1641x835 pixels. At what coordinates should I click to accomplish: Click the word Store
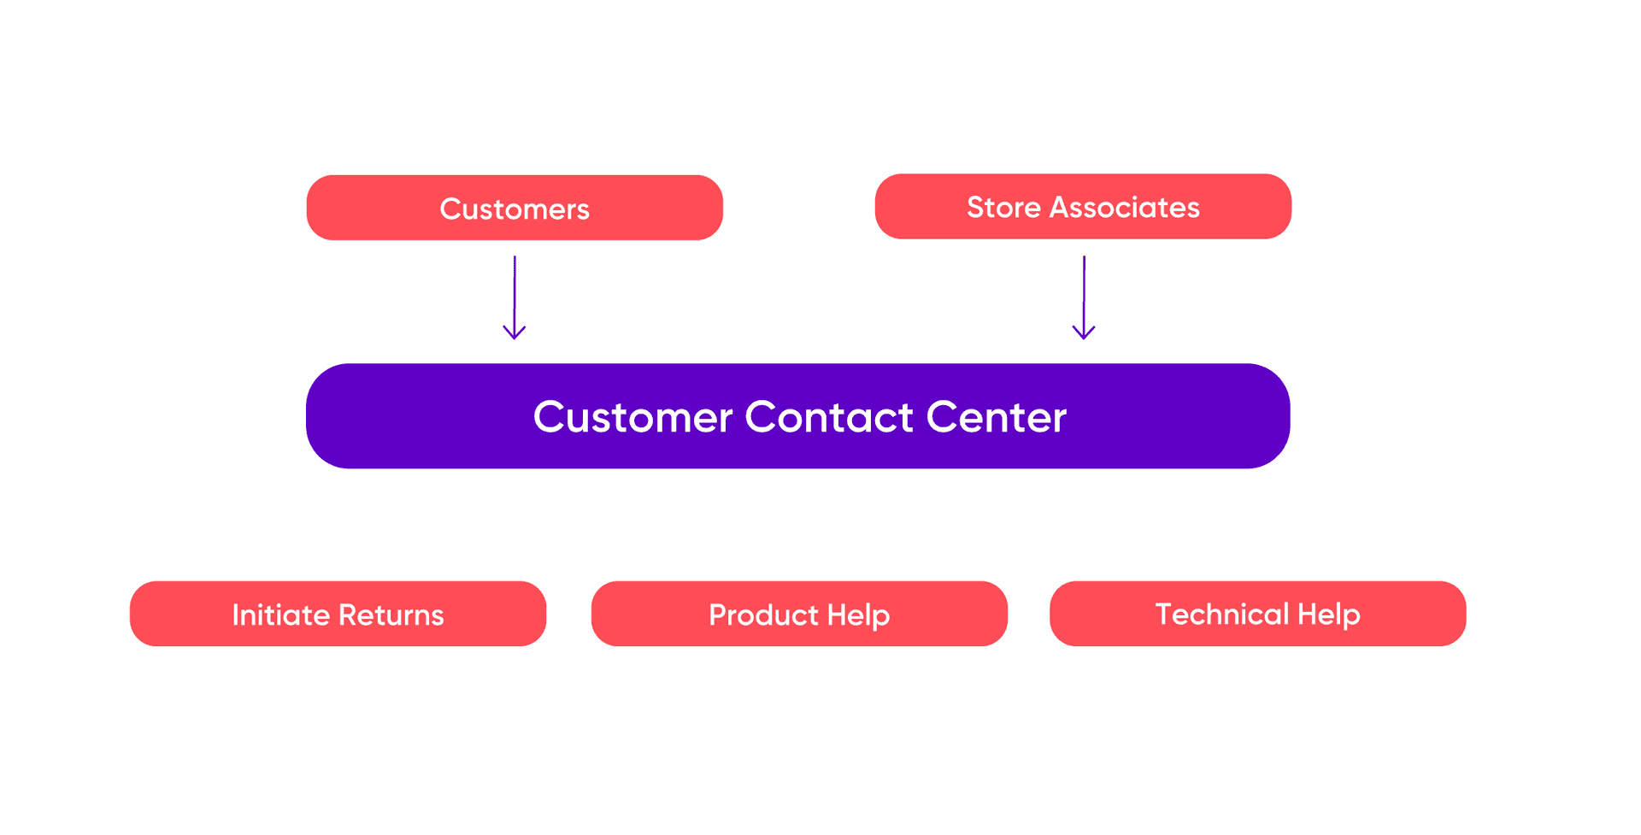pos(1003,208)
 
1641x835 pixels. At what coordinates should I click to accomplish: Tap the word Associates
pos(1125,208)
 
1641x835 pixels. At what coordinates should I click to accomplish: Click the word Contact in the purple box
pos(828,417)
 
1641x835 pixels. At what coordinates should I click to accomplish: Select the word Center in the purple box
pos(996,417)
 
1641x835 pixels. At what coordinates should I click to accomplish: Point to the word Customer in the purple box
pos(632,417)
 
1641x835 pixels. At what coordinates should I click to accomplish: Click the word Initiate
pos(280,615)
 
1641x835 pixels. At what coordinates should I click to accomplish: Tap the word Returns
pos(391,615)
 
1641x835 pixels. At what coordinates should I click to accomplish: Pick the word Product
pos(763,615)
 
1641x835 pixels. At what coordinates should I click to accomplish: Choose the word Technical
pos(1221,614)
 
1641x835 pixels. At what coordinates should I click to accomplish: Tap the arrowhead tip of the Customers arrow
pos(515,338)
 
